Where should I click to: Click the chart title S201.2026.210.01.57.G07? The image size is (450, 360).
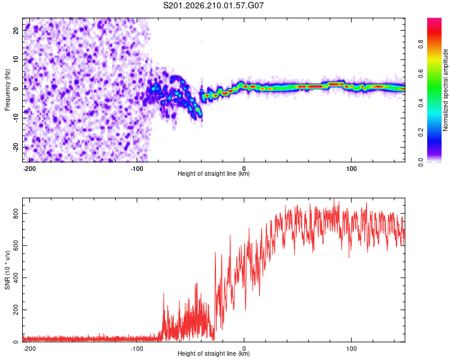click(213, 5)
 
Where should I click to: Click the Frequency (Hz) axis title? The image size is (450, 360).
click(7, 90)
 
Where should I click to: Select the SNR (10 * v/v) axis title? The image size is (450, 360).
click(7, 270)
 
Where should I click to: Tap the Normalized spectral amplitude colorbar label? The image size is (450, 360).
click(445, 90)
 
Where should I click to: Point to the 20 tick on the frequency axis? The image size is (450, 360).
click(16, 30)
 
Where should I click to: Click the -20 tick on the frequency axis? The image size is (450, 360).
click(16, 147)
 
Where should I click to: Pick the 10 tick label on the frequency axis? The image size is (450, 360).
click(16, 59)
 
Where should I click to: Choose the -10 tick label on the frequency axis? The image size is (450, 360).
click(16, 118)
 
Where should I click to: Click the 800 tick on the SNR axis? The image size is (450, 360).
click(16, 214)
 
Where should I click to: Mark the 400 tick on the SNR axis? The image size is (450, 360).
click(16, 278)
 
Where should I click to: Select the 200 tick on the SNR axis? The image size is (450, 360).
click(16, 310)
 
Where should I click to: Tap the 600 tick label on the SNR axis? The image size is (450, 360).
click(16, 246)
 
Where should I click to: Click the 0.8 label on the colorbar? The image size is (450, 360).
click(421, 44)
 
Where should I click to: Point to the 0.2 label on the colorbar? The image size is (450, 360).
click(421, 133)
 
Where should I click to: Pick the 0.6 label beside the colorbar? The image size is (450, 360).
click(421, 74)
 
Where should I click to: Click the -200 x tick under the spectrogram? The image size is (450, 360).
click(29, 169)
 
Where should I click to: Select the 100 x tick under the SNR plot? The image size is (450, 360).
click(351, 349)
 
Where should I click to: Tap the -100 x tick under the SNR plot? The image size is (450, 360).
click(137, 349)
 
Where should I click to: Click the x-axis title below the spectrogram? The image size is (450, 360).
click(214, 173)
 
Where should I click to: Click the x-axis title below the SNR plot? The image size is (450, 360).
click(214, 353)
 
